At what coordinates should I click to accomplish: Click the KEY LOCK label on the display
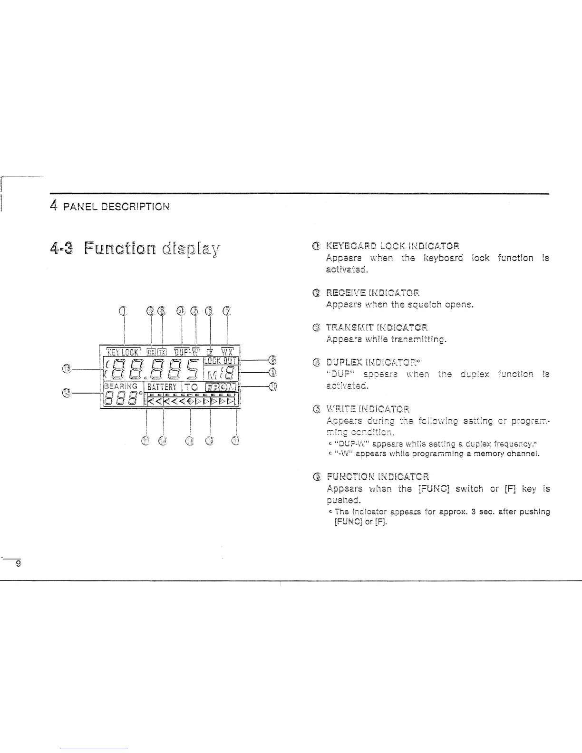click(123, 352)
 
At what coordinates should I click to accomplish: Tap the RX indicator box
click(151, 352)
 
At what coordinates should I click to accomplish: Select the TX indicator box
click(162, 352)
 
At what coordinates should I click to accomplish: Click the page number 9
click(18, 564)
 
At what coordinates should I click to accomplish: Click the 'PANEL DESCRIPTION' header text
click(116, 207)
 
